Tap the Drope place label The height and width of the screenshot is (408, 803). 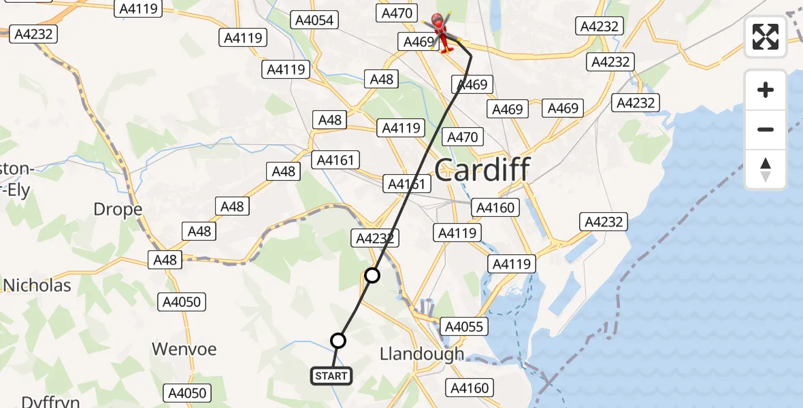point(118,209)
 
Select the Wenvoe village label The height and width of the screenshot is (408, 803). point(184,350)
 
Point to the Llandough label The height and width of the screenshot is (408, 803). point(422,354)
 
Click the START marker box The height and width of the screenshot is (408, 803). point(331,375)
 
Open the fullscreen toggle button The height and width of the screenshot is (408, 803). point(766,37)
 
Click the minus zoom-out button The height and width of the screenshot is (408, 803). point(766,129)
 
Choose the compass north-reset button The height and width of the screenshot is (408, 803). point(766,169)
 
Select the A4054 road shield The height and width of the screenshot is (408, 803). point(314,20)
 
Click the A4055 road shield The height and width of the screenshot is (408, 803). point(464,327)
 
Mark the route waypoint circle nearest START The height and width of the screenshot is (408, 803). point(338,341)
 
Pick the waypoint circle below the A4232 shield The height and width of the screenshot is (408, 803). point(372,275)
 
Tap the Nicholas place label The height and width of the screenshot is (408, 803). point(37,285)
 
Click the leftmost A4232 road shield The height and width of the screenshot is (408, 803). point(33,34)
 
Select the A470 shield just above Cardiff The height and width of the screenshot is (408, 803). point(463,137)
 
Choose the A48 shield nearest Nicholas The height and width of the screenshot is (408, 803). point(165,259)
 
